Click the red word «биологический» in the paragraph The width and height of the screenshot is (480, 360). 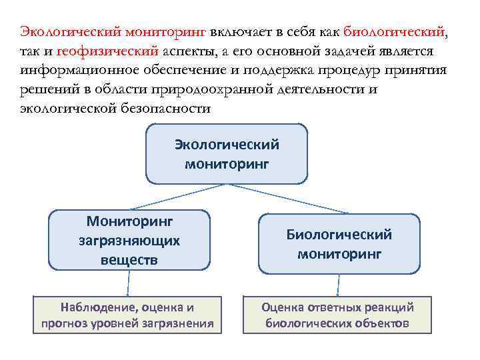point(399,32)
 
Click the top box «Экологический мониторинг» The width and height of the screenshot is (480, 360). point(227,153)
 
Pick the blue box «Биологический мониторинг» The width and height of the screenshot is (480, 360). point(339,243)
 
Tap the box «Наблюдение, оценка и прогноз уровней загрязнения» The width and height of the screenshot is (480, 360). point(127,315)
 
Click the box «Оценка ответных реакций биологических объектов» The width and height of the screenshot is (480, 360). point(337,315)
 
